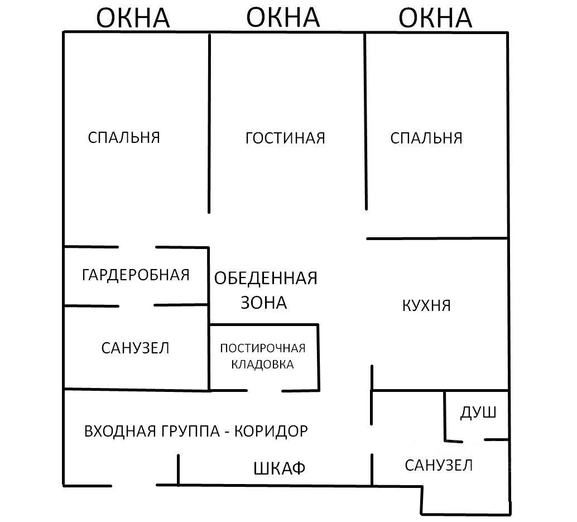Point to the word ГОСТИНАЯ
285,138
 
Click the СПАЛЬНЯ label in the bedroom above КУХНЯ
426,138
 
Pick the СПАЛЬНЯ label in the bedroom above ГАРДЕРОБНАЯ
124,137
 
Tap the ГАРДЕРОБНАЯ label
136,275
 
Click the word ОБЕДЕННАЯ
266,277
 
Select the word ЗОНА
263,302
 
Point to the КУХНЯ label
426,305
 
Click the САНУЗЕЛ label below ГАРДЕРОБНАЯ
135,348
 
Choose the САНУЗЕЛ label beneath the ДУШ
439,464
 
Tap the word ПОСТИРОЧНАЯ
263,348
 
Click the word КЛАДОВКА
263,365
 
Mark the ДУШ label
478,413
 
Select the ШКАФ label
280,468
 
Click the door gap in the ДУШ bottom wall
473,440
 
